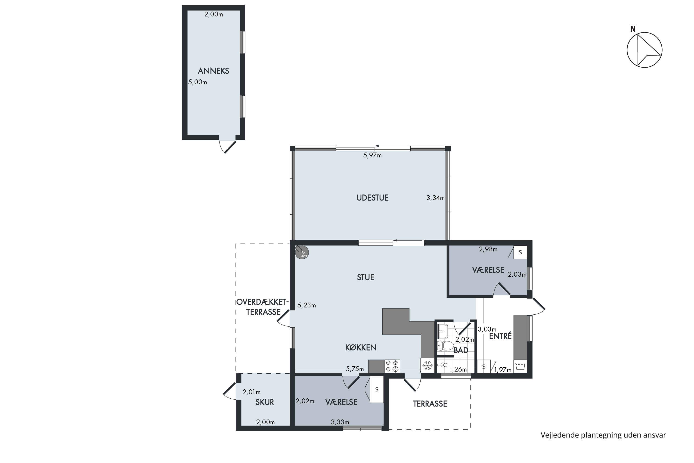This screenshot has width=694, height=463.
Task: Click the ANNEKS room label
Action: click(x=213, y=71)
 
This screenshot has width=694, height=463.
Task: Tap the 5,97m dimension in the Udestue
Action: click(x=372, y=155)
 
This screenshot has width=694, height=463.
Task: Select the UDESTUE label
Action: click(x=372, y=198)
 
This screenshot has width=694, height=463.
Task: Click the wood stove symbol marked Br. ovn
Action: click(x=302, y=253)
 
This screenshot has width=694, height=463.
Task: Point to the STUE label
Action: click(x=366, y=277)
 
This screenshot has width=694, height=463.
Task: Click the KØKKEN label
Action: click(x=361, y=347)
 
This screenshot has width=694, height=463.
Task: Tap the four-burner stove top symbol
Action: click(x=392, y=366)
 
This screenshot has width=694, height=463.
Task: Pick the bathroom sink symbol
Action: click(x=443, y=331)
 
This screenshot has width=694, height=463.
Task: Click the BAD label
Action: click(x=461, y=350)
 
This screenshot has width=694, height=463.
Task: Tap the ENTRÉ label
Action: click(x=500, y=336)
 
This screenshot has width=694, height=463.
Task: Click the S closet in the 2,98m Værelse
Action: click(x=520, y=253)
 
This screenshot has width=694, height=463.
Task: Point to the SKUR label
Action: click(x=265, y=402)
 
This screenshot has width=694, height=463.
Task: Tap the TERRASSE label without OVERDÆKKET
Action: click(x=430, y=404)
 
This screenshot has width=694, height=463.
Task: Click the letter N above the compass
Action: click(x=633, y=29)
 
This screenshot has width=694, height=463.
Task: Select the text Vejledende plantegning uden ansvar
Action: click(x=603, y=435)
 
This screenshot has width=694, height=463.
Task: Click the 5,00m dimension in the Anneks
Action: click(x=198, y=82)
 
